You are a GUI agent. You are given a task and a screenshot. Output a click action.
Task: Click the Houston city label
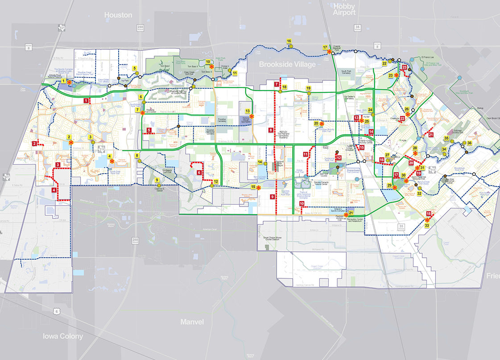click(118, 15)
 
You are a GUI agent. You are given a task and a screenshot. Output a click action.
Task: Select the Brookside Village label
click(288, 64)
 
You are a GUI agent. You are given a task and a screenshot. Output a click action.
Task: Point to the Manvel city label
click(192, 322)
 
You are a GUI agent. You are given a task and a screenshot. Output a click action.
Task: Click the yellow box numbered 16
click(289, 41)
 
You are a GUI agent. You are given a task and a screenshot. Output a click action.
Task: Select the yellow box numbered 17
click(325, 47)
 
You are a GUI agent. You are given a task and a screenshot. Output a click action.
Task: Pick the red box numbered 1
click(86, 101)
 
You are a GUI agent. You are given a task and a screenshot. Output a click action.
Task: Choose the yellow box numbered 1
click(64, 81)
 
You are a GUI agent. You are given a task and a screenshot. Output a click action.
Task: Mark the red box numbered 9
click(272, 197)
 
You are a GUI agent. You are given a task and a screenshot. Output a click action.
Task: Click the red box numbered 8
click(270, 130)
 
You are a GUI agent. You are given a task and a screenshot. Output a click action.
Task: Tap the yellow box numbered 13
click(248, 110)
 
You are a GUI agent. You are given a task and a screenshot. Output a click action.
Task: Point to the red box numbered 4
click(54, 190)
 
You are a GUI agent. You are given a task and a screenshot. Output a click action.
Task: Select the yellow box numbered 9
click(157, 180)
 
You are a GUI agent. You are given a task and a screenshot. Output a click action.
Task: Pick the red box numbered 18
click(429, 214)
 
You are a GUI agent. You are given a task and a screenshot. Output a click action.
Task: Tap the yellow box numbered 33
click(427, 226)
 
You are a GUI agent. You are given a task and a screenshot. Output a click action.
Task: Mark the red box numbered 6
click(198, 172)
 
